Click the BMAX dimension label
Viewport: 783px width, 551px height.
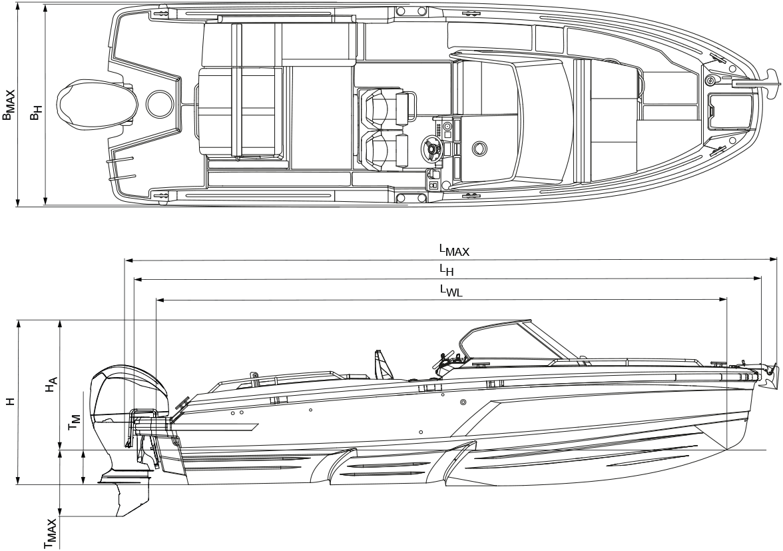(x=9, y=105)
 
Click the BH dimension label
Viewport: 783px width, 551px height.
(x=35, y=113)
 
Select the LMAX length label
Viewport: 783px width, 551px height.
(x=454, y=250)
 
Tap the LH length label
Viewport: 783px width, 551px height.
(x=446, y=270)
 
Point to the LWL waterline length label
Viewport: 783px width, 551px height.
(x=451, y=290)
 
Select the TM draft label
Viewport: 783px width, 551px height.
(x=74, y=422)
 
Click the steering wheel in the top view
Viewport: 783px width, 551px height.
(x=431, y=147)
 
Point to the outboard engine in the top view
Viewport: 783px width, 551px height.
(x=97, y=105)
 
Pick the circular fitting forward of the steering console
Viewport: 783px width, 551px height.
(x=478, y=147)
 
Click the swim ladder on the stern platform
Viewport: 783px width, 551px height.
(x=122, y=168)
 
